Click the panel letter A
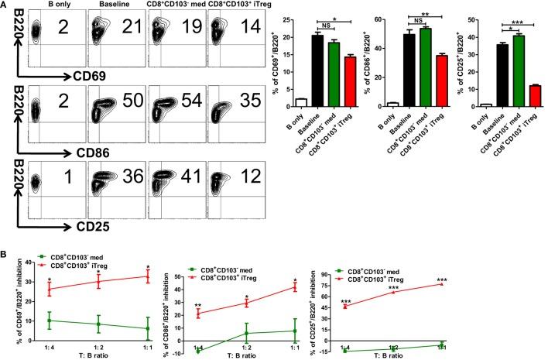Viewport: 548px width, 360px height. click(5, 5)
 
